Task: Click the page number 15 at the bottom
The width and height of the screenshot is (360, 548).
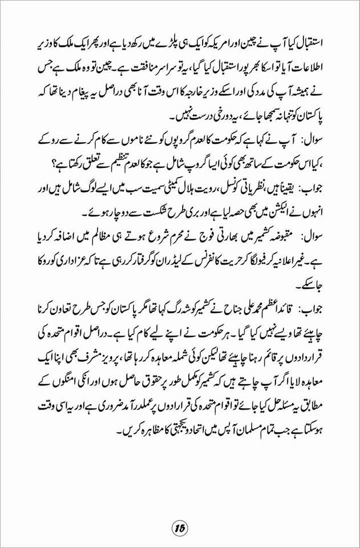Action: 180,526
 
